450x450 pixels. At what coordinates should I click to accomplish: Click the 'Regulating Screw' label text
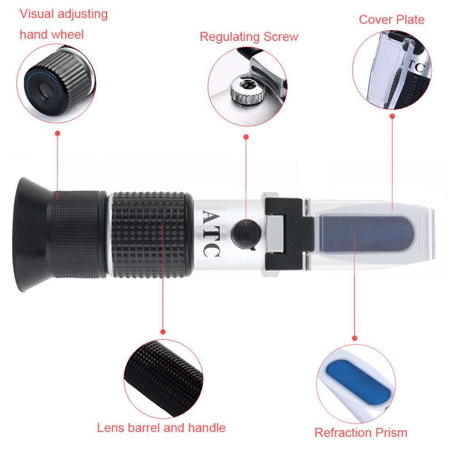click(x=249, y=37)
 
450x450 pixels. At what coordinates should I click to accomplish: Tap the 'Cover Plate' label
click(x=391, y=20)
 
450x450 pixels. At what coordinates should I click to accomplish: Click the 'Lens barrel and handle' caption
click(x=161, y=428)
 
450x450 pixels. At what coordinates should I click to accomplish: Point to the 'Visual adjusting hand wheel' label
click(x=63, y=24)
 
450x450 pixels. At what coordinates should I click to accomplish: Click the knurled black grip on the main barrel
click(x=151, y=233)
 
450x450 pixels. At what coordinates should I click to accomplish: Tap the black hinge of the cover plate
click(x=283, y=231)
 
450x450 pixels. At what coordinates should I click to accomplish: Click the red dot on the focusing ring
click(x=57, y=133)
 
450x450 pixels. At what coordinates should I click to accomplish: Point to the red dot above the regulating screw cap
click(x=246, y=137)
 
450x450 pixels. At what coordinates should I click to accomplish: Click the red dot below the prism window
click(x=355, y=338)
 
